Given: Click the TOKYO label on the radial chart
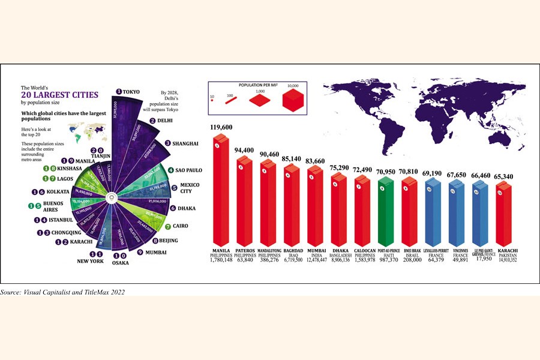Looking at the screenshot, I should pyautogui.click(x=131, y=92).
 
